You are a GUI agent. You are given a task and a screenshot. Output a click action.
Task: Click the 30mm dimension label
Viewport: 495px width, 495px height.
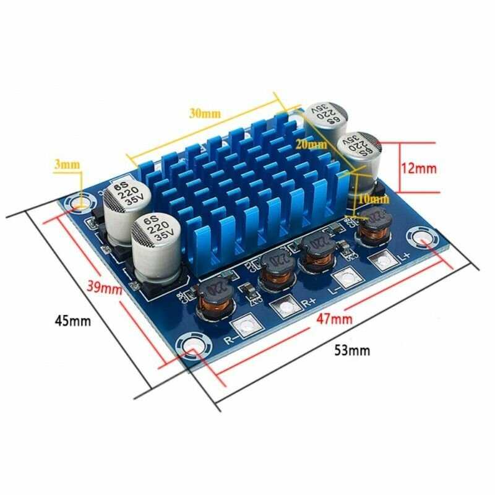[205, 113]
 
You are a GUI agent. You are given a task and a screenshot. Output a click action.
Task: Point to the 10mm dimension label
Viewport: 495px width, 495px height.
[373, 199]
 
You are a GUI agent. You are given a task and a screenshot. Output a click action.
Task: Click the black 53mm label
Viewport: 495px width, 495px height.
[353, 350]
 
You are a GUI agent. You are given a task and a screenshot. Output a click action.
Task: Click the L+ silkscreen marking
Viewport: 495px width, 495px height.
[404, 254]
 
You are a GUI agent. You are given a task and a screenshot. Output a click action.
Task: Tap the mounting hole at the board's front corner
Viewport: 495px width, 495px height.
[191, 345]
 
